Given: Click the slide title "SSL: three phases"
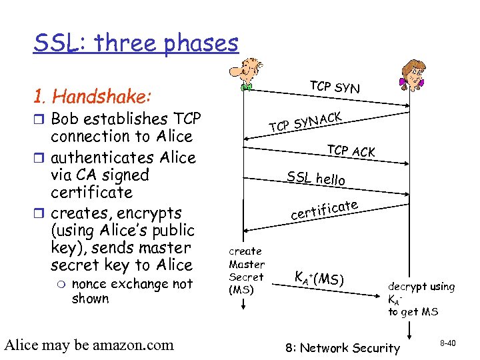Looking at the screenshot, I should pyautogui.click(x=136, y=43).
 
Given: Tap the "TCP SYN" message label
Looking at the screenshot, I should pyautogui.click(x=335, y=87).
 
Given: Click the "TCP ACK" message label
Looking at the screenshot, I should pyautogui.click(x=351, y=151).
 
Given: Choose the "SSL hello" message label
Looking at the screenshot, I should pyautogui.click(x=316, y=179).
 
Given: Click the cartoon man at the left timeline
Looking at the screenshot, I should pyautogui.click(x=247, y=73).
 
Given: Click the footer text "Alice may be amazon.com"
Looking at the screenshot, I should pyautogui.click(x=89, y=345).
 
